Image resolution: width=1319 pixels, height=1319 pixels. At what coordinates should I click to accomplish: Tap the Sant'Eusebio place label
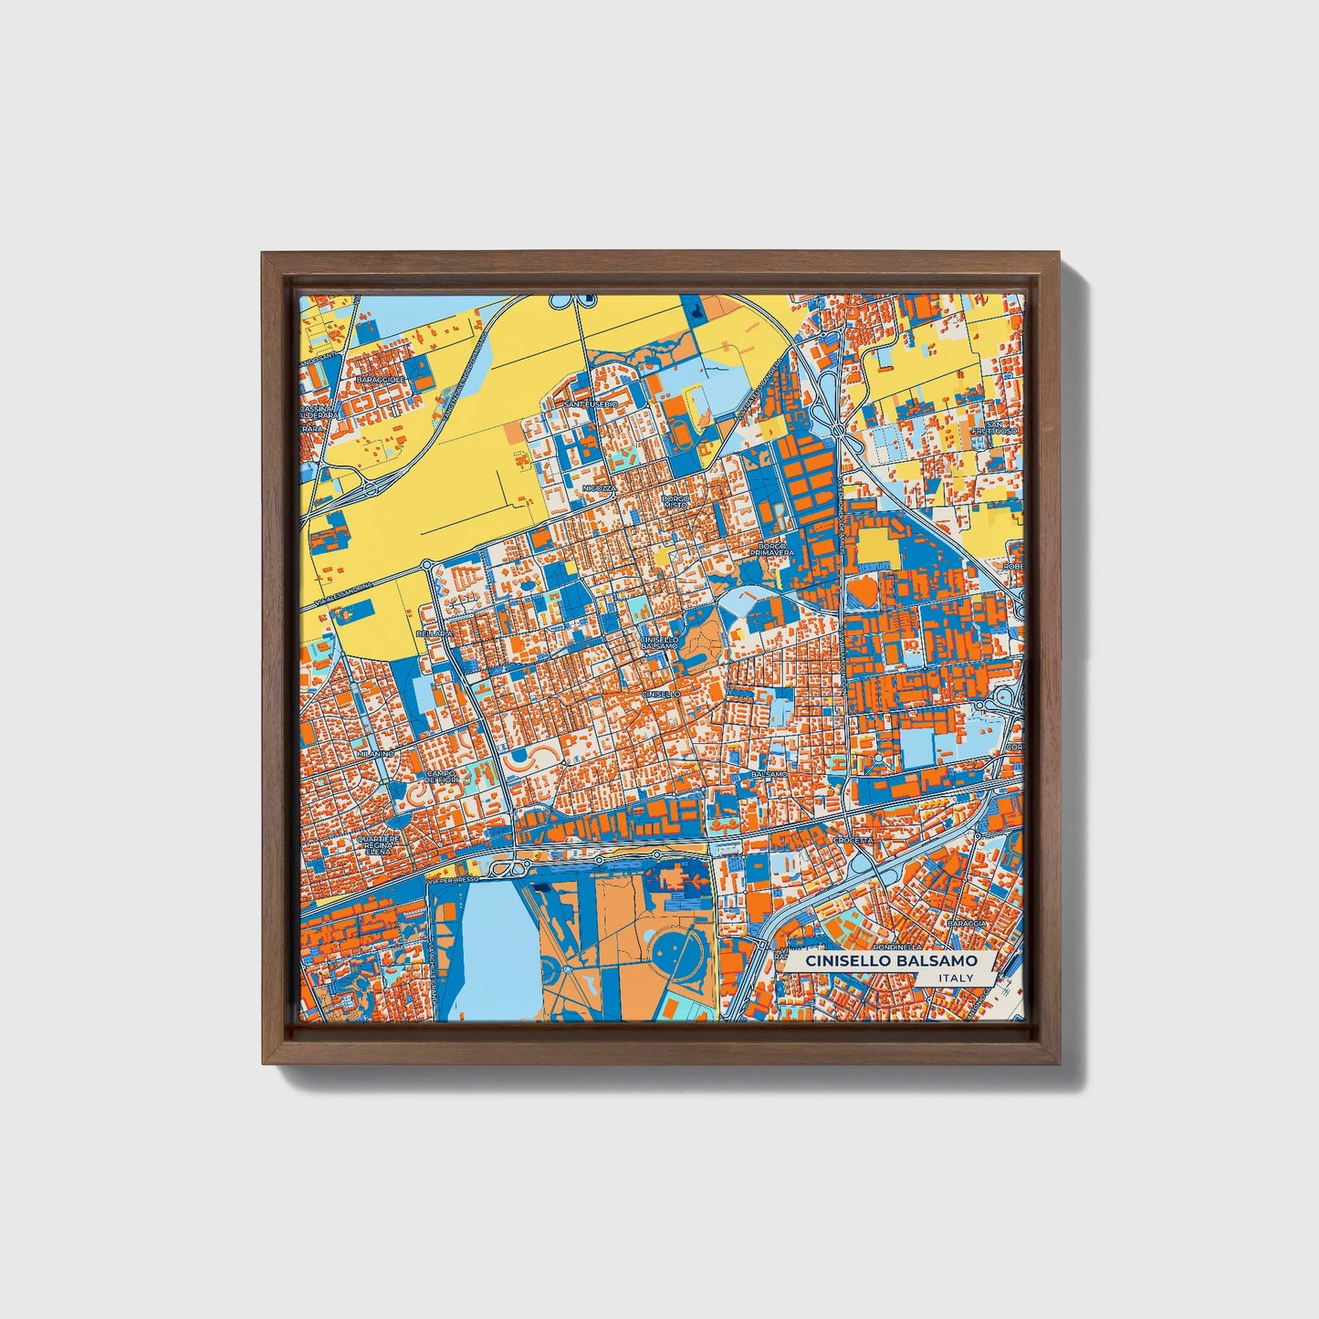coord(591,403)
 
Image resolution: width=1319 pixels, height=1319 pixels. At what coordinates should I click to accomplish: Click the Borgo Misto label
coord(676,501)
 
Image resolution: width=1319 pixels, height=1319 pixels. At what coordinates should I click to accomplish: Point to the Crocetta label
coord(854,840)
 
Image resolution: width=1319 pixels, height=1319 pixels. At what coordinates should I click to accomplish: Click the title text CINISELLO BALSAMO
coord(884,961)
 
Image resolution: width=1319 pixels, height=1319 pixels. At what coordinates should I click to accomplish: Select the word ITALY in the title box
coord(955,978)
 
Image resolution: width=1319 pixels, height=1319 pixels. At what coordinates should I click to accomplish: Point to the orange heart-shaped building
coord(864,592)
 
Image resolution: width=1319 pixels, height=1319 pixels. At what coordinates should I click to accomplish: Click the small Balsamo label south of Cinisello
coord(769,774)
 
